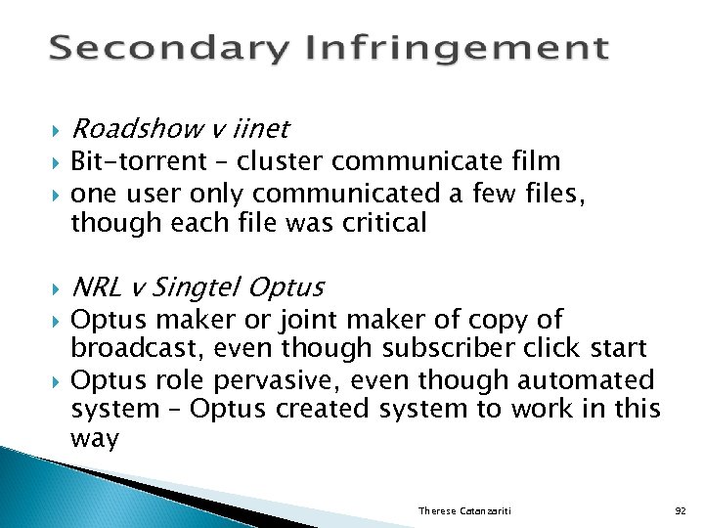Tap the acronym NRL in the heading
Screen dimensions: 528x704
pos(97,287)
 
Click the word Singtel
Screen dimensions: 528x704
pos(197,287)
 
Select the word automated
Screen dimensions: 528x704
pos(586,379)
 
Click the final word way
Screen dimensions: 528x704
pos(94,439)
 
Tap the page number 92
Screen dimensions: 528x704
pos(681,511)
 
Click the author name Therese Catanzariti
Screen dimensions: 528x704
pos(465,511)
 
